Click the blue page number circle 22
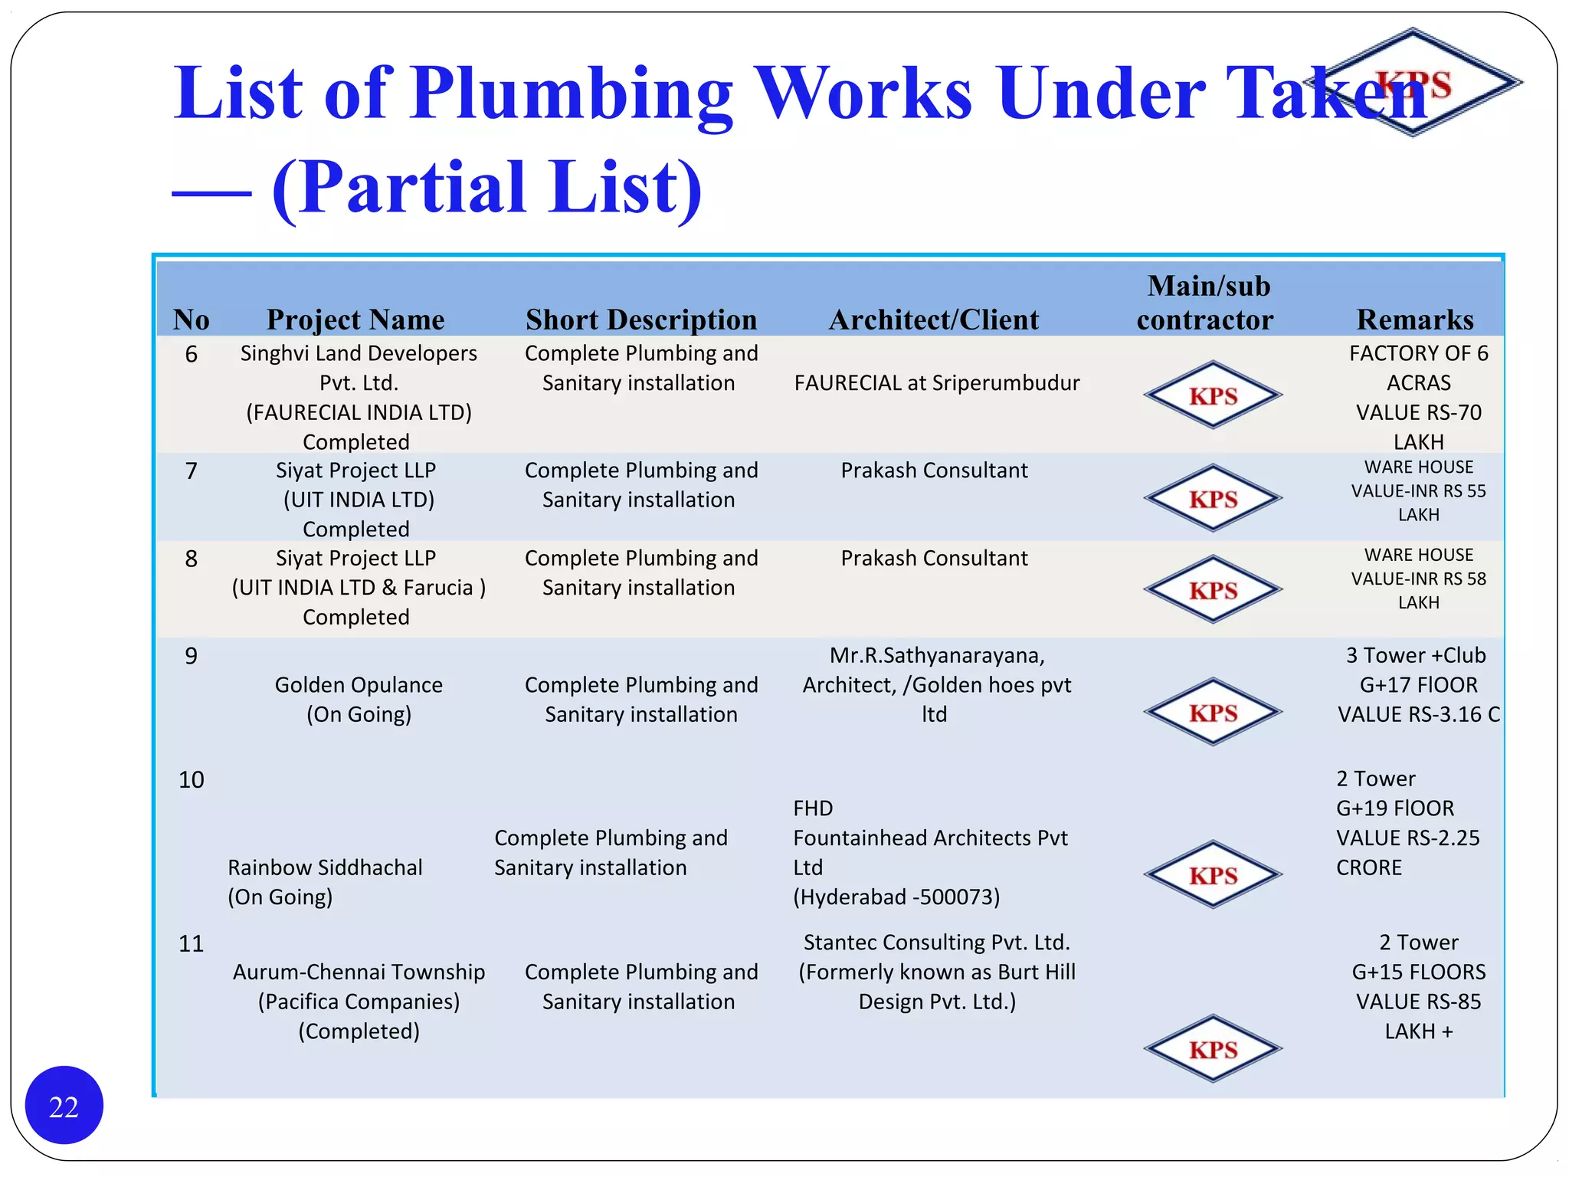point(64,1106)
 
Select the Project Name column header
point(355,320)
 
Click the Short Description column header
point(641,320)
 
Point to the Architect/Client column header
point(934,320)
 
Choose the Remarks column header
point(1415,320)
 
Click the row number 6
point(192,354)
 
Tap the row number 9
point(192,656)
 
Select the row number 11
point(192,943)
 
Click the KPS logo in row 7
point(1213,499)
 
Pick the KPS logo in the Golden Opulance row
point(1213,713)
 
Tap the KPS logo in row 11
point(1213,1049)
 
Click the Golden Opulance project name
point(359,685)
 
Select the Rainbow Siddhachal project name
point(325,867)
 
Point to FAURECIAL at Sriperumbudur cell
point(937,383)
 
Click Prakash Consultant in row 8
point(934,559)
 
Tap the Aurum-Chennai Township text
point(359,972)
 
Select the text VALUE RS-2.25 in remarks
point(1407,838)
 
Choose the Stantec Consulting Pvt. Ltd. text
point(937,943)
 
